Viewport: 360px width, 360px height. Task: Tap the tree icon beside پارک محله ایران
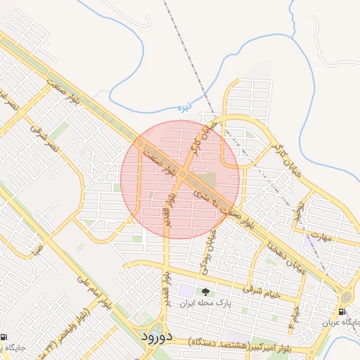click(205, 292)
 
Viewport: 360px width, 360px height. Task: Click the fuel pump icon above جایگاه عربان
click(342, 311)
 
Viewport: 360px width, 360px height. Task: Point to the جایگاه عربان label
click(342, 323)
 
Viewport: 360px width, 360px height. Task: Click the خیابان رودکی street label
click(210, 242)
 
